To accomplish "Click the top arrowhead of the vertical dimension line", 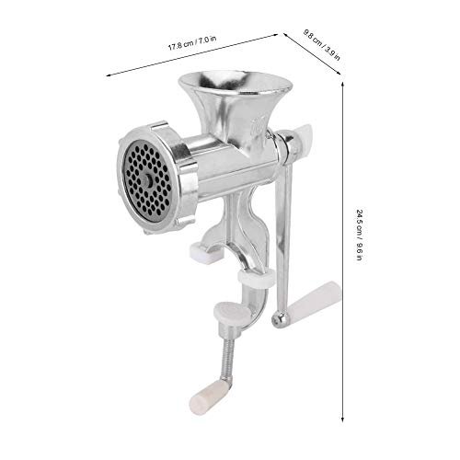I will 343,80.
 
